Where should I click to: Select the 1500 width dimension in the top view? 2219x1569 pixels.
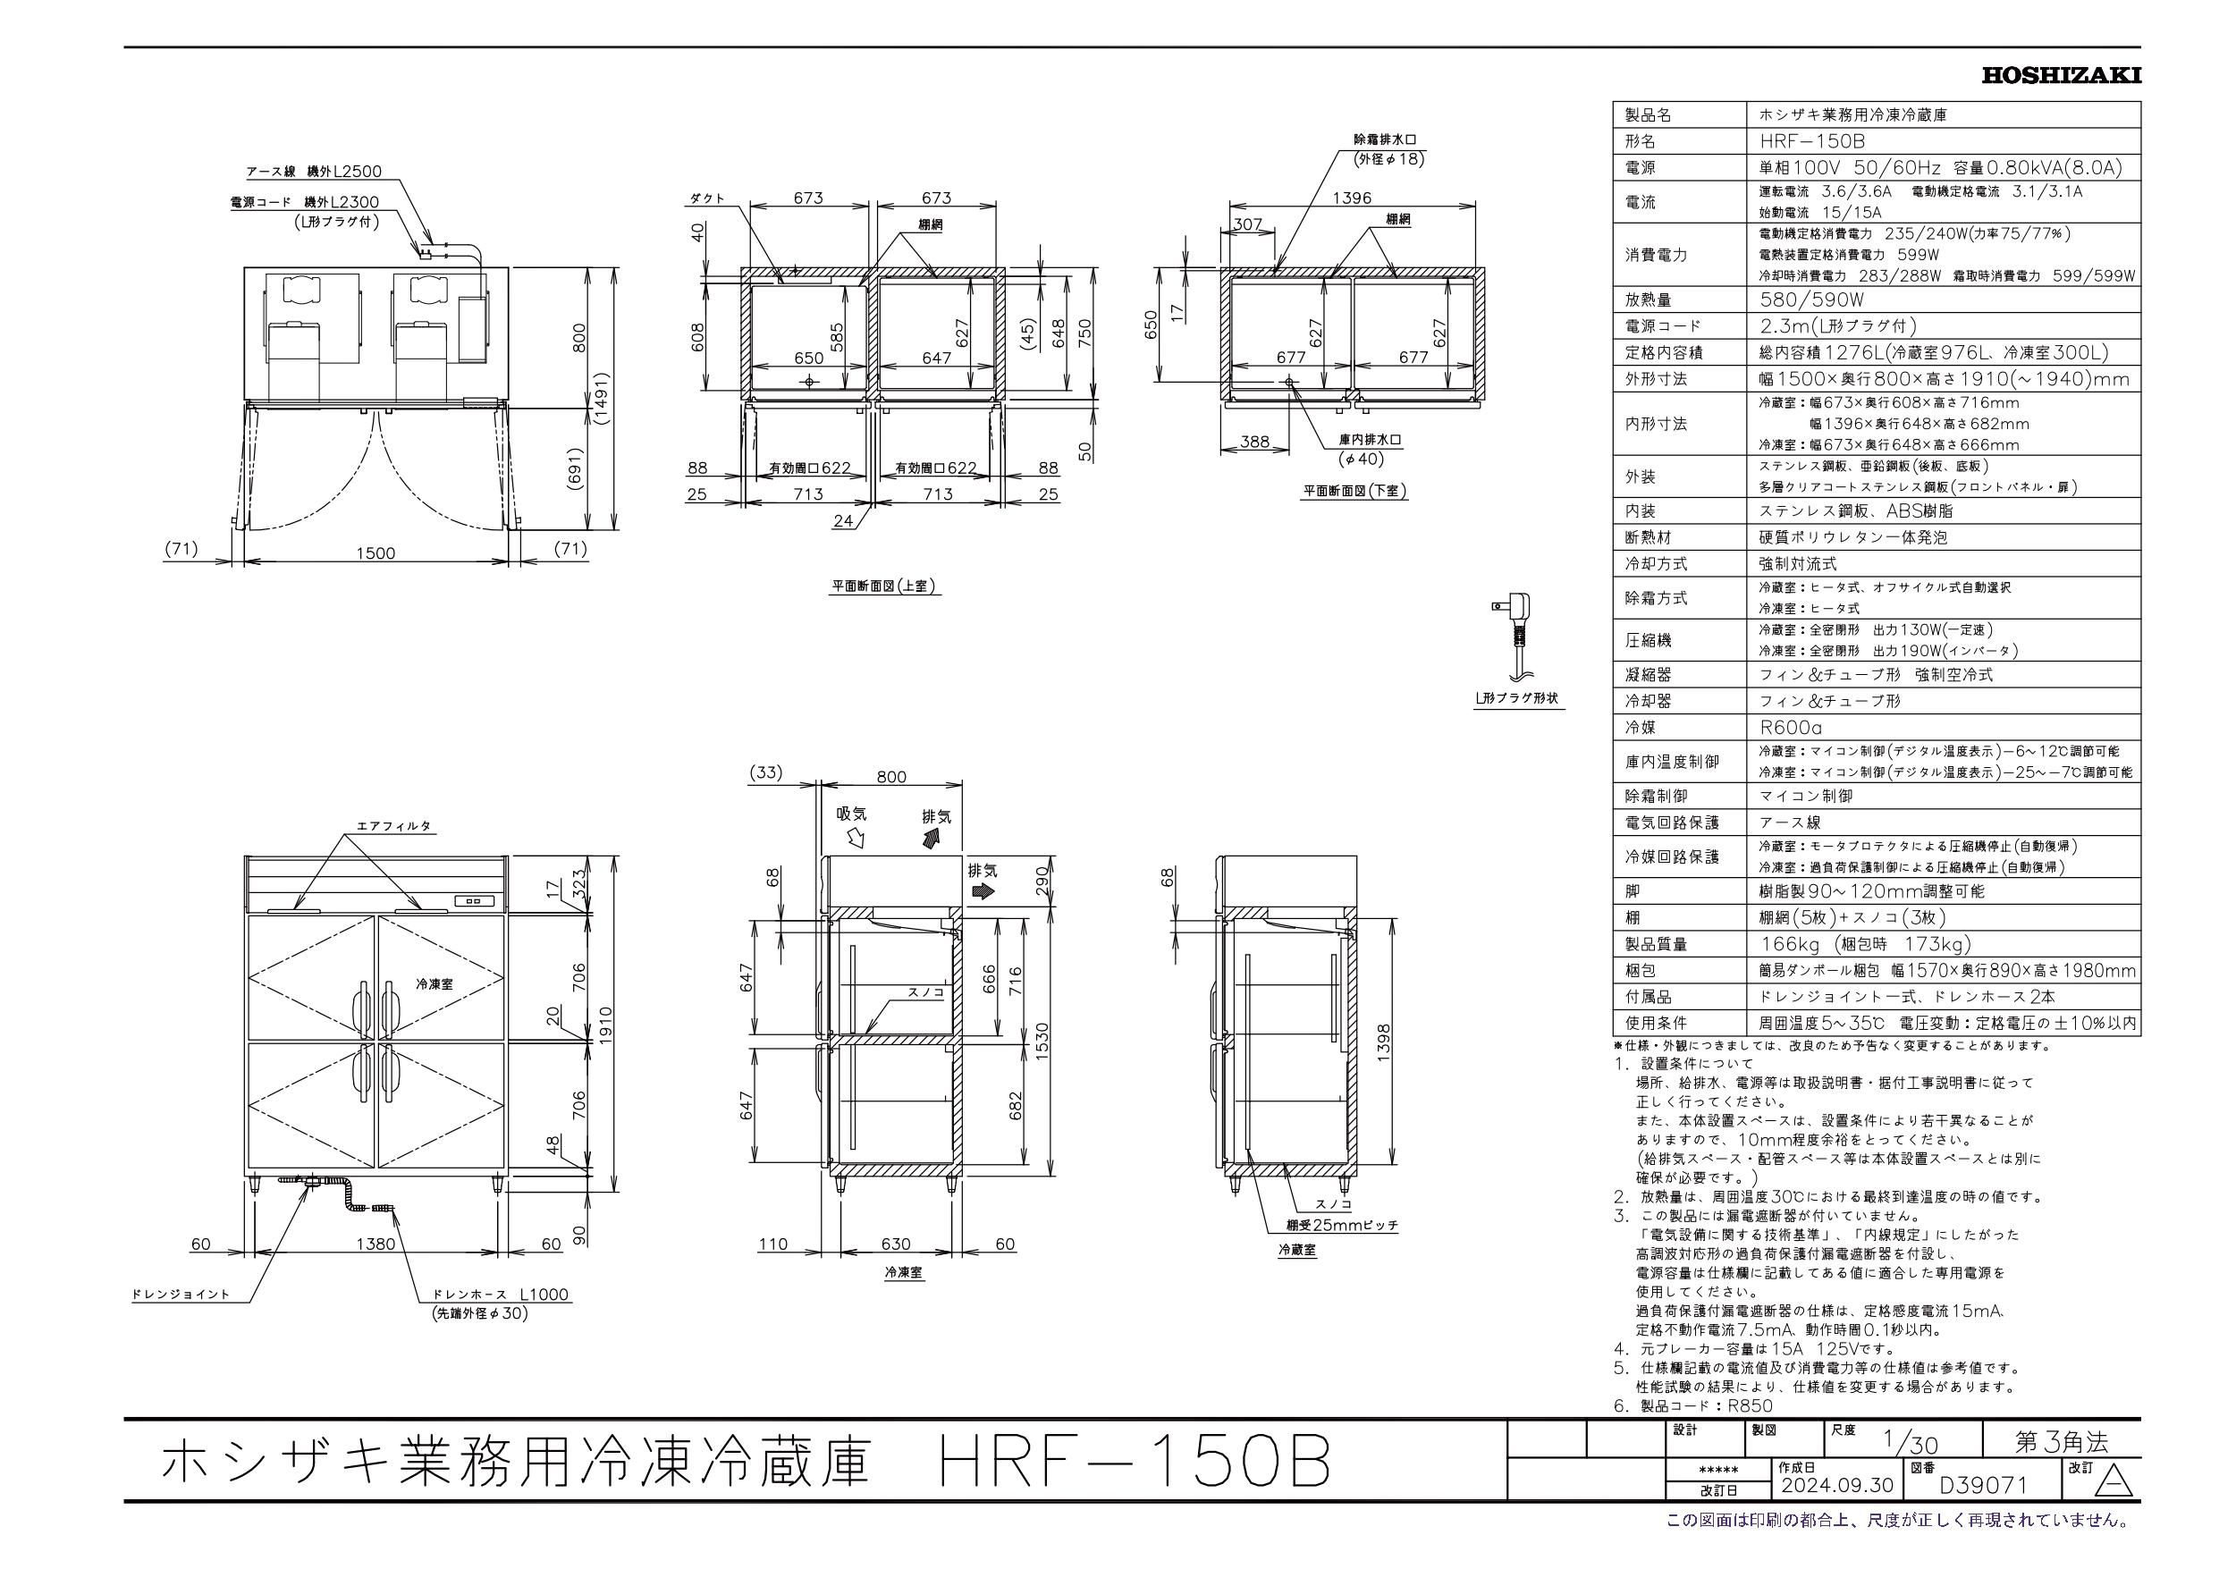376,553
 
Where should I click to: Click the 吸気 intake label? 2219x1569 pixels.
851,814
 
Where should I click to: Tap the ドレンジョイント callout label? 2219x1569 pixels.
181,1294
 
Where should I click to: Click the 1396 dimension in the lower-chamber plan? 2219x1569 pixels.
1351,198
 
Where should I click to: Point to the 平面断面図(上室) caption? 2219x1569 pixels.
885,586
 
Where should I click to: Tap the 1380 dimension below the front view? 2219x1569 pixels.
376,1244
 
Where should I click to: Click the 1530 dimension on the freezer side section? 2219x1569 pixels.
1041,1041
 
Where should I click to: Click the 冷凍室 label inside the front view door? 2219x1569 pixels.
434,983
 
